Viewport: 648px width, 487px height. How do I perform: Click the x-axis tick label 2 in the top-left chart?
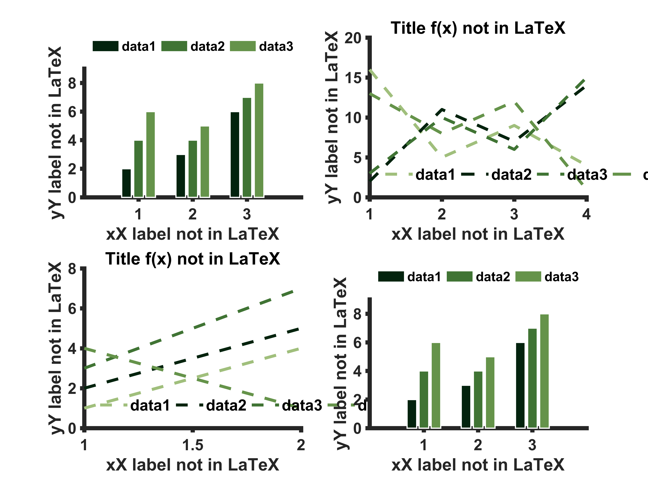tap(192, 214)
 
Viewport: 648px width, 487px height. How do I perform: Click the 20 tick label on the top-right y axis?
tap(353, 38)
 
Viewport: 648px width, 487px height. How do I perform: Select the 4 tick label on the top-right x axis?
tap(586, 214)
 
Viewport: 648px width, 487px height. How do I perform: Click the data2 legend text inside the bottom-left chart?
tap(226, 405)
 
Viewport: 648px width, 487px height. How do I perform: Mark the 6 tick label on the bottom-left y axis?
tap(72, 309)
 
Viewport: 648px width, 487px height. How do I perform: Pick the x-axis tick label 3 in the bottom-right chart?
tap(532, 445)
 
